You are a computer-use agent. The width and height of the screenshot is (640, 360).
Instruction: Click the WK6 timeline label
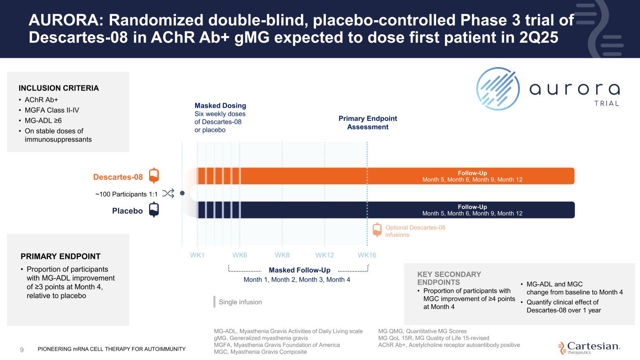tap(240, 255)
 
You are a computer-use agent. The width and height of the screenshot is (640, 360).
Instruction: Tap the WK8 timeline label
tap(282, 255)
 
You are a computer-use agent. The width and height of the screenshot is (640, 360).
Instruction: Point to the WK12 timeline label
tap(324, 255)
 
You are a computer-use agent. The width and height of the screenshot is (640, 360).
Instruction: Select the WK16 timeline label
tap(367, 255)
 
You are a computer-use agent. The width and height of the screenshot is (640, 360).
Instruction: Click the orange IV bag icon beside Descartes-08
tap(154, 175)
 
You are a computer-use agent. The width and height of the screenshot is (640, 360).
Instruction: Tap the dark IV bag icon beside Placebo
tap(154, 210)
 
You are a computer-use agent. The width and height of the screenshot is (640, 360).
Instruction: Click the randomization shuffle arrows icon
tap(168, 193)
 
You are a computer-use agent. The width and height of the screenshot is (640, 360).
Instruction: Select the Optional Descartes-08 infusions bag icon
tap(377, 230)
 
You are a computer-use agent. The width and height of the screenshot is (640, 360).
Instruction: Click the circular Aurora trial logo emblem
tap(498, 89)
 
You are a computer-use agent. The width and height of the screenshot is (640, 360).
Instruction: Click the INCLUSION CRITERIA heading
tap(59, 88)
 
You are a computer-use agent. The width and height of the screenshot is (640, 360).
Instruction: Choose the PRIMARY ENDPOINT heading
tap(60, 256)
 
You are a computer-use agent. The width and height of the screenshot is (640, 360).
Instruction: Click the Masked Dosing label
tap(220, 106)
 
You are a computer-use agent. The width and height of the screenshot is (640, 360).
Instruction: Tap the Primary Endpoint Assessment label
tap(368, 122)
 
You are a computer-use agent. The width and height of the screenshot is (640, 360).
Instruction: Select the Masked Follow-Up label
tap(300, 270)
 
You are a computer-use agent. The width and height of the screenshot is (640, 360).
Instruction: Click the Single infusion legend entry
tap(240, 302)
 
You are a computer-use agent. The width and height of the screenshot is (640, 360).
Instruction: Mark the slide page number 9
tap(22, 349)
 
